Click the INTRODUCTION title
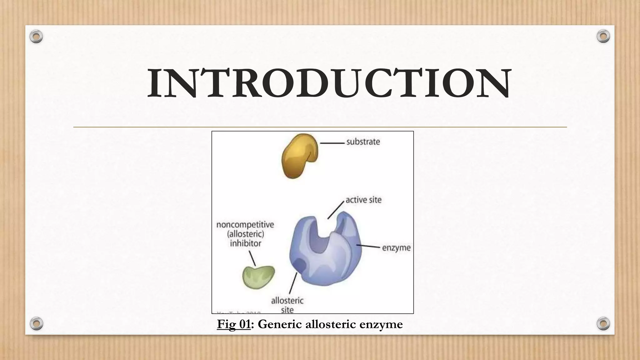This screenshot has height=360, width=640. pos(329,84)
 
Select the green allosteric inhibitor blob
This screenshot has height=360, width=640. pos(258,277)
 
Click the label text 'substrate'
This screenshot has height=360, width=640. pos(363,142)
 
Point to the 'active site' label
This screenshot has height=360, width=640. pos(363,200)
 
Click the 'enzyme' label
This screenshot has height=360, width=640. pos(396,248)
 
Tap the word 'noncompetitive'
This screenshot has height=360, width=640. pos(245,225)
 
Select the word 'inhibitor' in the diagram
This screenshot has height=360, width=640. pos(245,243)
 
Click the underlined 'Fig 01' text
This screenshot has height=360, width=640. pos(234,324)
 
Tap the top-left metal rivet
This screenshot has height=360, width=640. pos(36,37)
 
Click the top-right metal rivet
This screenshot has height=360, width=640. pos(603,37)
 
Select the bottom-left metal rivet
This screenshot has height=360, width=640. pos(36,323)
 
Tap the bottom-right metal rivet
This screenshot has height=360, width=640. pos(603,323)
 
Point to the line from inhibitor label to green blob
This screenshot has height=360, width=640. pos(252,258)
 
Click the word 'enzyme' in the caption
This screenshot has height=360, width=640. pos(381,324)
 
